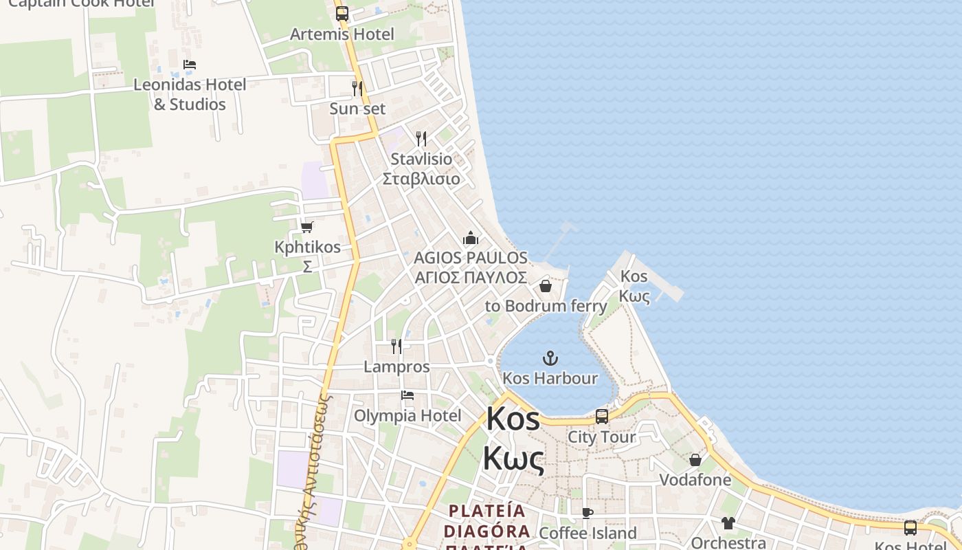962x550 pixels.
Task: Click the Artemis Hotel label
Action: tap(342, 34)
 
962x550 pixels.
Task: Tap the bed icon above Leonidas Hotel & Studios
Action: tap(190, 65)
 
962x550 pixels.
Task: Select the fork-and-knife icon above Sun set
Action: tap(357, 89)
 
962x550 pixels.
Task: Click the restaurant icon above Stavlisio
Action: tap(421, 139)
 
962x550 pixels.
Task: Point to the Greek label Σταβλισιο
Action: tap(421, 179)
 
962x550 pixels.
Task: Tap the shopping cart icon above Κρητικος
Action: tap(307, 227)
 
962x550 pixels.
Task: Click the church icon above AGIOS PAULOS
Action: tap(471, 239)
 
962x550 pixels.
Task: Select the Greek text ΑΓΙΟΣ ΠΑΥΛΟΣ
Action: tap(471, 278)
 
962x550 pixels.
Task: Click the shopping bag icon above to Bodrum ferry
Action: tap(546, 286)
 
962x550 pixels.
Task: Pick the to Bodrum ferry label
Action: tap(546, 306)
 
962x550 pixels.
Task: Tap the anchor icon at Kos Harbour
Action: tap(550, 358)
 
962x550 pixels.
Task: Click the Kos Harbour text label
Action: tap(550, 378)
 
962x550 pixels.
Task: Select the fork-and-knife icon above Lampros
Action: tap(396, 346)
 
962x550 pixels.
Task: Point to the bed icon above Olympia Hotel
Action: tap(407, 395)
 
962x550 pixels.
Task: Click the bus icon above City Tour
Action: tap(602, 417)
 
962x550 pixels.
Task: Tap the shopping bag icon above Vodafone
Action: tap(695, 460)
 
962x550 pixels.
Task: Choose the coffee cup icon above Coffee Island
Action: tap(588, 513)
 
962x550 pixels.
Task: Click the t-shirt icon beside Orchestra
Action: tap(728, 523)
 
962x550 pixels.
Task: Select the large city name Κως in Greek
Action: tap(513, 459)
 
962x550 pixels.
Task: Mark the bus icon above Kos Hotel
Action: tap(910, 528)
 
